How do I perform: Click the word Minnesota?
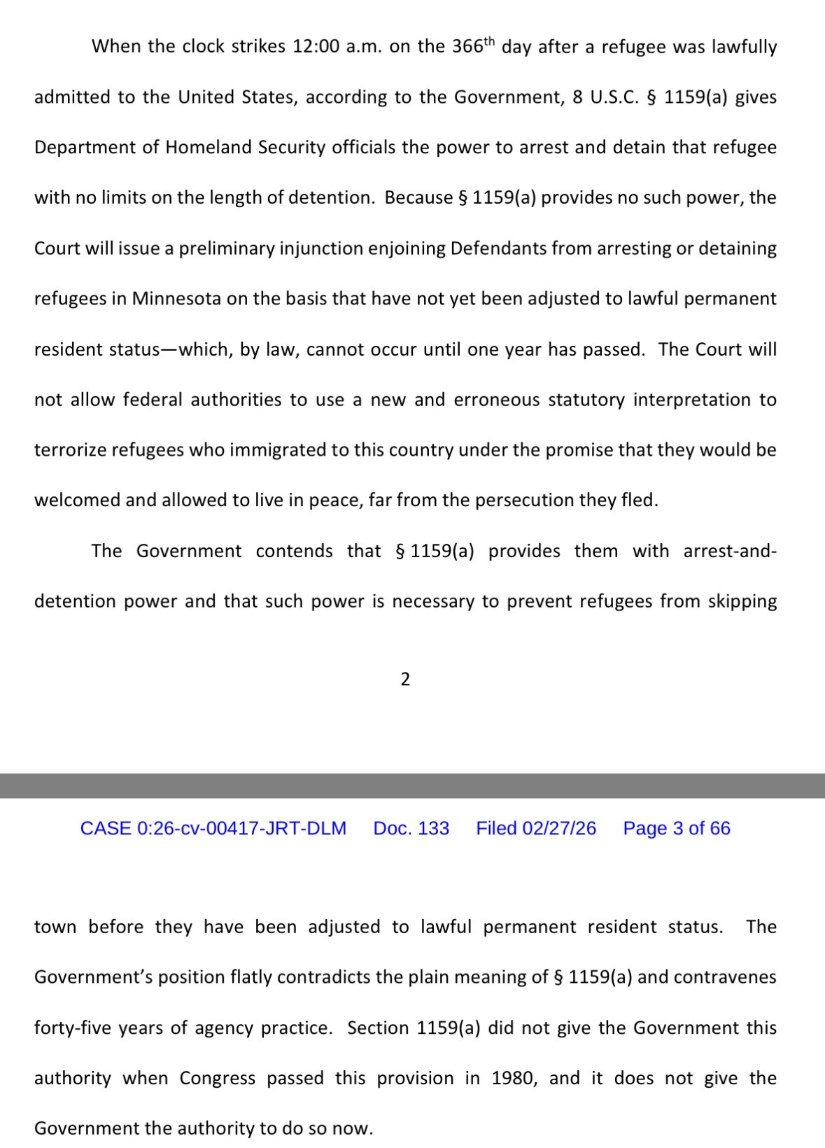point(177,299)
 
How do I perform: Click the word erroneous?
point(497,400)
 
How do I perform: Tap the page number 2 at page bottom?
point(405,679)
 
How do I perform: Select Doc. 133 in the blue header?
point(411,829)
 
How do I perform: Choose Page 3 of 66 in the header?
point(677,829)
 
